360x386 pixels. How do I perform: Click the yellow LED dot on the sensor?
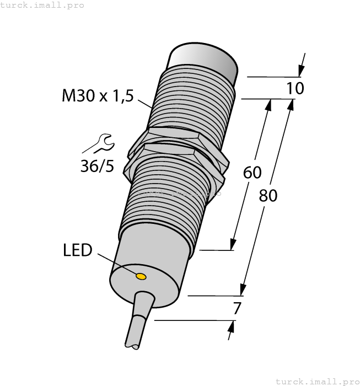coord(141,276)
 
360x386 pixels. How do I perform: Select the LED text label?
coord(77,250)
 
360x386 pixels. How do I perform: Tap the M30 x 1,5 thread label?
coord(98,96)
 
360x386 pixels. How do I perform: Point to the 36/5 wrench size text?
coord(97,165)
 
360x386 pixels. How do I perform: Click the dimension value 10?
coord(295,88)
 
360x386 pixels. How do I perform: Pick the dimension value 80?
coord(268,195)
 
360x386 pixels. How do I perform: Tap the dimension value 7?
coord(237,309)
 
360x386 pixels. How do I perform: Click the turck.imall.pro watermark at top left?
coord(42,5)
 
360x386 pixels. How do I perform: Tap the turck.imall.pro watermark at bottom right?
coord(316,381)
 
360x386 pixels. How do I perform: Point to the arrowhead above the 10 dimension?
coord(300,71)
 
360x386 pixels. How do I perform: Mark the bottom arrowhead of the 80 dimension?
coord(241,289)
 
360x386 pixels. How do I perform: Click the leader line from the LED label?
coord(116,263)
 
